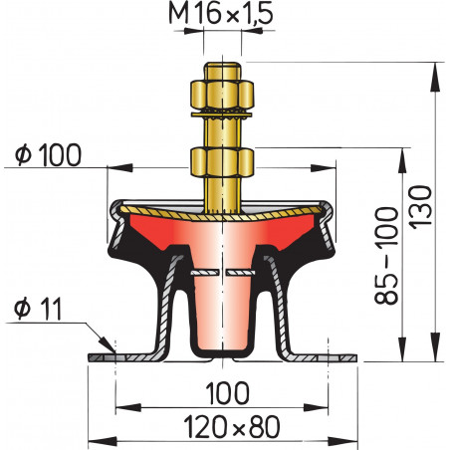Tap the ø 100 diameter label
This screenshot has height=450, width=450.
(49, 154)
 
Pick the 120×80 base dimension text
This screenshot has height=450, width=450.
(225, 428)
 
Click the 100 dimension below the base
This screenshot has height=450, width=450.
(225, 389)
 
